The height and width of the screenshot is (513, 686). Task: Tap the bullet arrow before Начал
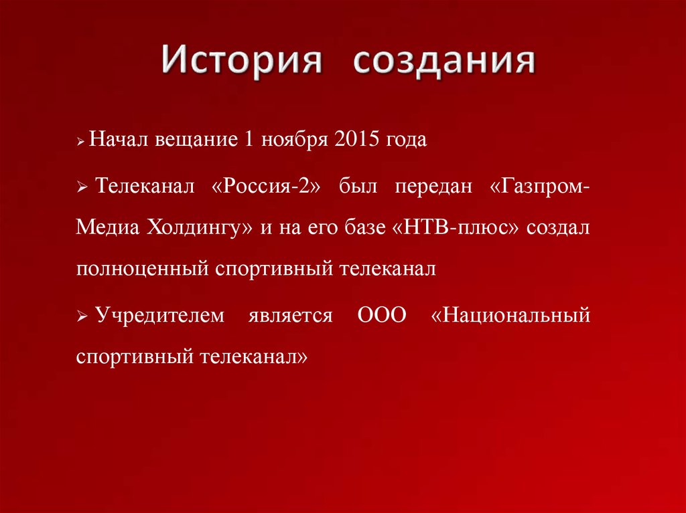click(x=81, y=143)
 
